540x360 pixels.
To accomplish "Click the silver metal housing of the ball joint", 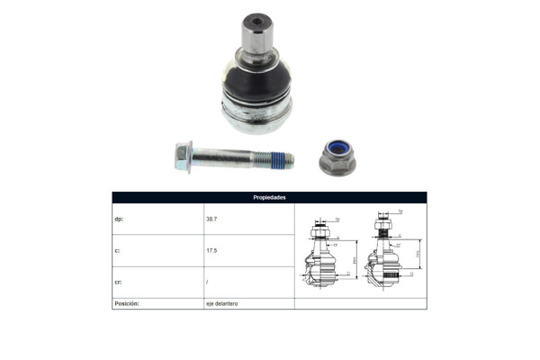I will [x=257, y=112].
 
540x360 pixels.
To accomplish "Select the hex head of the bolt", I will [x=181, y=157].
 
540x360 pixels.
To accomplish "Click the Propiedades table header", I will [x=269, y=197].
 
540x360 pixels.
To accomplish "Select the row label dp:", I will [x=119, y=219].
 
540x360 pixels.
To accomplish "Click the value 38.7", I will [x=211, y=219].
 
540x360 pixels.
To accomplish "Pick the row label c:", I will [x=117, y=251].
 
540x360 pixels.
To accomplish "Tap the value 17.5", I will [x=211, y=251].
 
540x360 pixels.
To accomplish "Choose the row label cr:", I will [x=118, y=283].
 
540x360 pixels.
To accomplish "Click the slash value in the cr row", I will [x=207, y=283].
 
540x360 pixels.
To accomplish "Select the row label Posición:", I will [x=127, y=304].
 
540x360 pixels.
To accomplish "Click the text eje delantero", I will [x=221, y=304].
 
